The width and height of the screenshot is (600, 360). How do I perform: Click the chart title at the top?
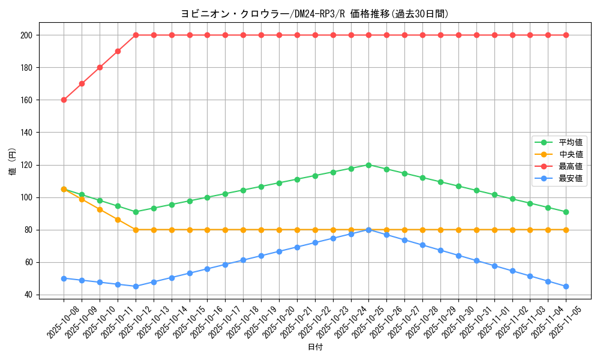click(x=314, y=14)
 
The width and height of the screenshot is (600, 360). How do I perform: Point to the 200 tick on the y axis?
click(x=26, y=35)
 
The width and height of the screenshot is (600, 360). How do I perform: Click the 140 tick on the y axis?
click(x=26, y=133)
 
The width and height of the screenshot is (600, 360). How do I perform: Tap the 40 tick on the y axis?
click(x=28, y=295)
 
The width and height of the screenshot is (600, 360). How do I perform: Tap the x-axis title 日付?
click(x=314, y=347)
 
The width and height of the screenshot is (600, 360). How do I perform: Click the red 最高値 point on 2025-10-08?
click(x=64, y=100)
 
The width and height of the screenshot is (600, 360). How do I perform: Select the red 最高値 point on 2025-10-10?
click(x=100, y=68)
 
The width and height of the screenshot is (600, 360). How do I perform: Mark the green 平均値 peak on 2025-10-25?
click(x=368, y=165)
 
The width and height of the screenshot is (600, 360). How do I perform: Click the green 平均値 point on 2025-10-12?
click(x=136, y=212)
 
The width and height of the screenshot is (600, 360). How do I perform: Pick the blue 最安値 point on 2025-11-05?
click(x=566, y=286)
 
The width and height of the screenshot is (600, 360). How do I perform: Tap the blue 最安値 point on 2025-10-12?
click(x=136, y=286)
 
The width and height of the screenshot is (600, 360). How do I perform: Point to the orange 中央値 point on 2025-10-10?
click(x=100, y=209)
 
